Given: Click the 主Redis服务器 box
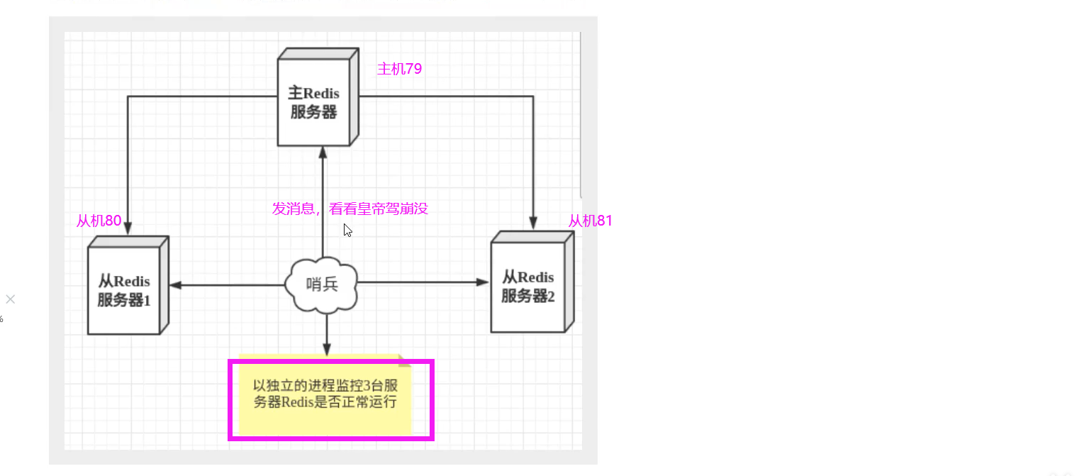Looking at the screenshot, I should coord(313,102).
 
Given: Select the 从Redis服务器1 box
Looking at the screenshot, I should coord(124,291).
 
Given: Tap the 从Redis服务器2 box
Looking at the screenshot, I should coord(528,287).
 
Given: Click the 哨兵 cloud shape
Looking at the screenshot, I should coord(322,284).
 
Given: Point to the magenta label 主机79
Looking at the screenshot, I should coord(400,69).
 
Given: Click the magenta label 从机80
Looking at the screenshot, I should coord(99,221).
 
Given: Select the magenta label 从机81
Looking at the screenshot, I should coord(590,221).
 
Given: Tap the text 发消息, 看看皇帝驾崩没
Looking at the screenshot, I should coord(350,209).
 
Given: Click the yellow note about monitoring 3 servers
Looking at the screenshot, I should coord(325,394).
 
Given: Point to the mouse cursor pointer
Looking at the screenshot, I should coord(347,229).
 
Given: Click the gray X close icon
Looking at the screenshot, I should coord(10,299).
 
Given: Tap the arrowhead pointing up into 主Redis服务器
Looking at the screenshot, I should coord(323,152).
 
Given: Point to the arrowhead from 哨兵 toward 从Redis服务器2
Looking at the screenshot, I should coord(476,283).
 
